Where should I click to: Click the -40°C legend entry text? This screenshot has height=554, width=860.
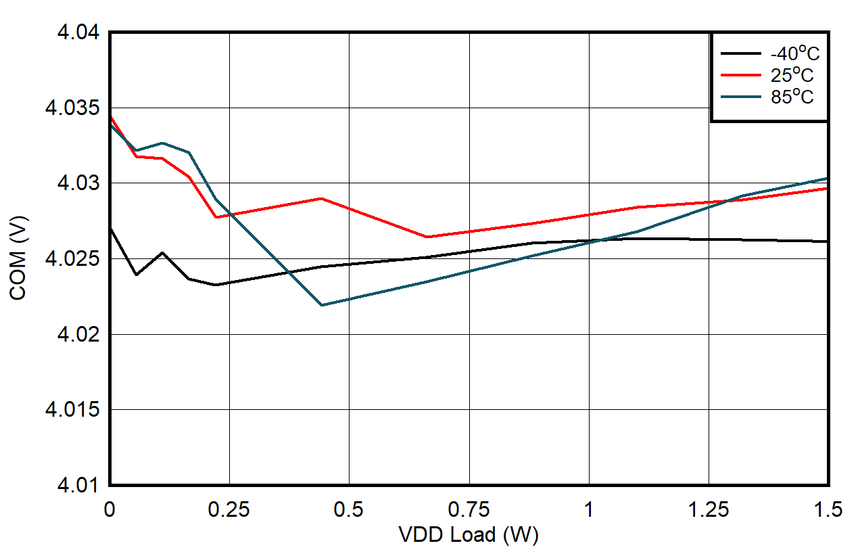point(789,53)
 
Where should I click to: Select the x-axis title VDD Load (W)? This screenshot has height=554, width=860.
point(469,535)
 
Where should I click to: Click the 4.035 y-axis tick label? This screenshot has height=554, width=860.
point(75,108)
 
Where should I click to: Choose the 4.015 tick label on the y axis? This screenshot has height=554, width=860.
point(75,411)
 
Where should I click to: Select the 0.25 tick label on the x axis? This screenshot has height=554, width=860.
point(229,509)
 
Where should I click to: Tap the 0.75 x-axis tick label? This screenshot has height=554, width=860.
point(469,509)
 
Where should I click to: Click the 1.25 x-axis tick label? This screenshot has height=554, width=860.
point(708,509)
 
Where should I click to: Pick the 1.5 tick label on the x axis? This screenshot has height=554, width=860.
point(828,509)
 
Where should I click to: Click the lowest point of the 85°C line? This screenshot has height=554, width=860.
point(322,305)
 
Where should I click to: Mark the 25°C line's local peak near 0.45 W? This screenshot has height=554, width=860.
point(322,198)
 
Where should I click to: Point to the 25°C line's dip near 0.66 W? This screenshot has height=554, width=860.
point(427,237)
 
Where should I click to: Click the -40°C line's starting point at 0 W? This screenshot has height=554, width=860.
point(110,229)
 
